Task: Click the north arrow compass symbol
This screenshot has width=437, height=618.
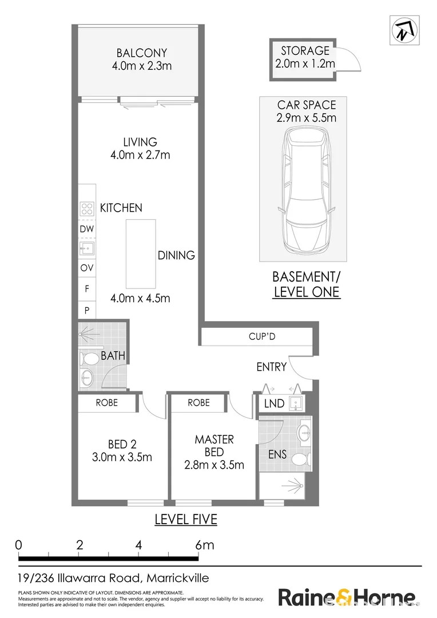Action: tap(403, 30)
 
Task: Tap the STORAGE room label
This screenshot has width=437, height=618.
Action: tap(305, 51)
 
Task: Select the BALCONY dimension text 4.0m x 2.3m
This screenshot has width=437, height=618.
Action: tap(142, 66)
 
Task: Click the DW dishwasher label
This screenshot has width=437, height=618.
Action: tap(87, 229)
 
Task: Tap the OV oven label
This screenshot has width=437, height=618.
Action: tap(87, 268)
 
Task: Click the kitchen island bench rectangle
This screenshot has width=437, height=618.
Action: tap(140, 254)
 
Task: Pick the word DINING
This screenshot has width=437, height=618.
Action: tap(176, 255)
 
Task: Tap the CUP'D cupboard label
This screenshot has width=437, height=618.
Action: tap(262, 336)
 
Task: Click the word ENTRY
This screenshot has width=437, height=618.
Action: tap(271, 367)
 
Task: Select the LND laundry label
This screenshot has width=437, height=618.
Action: tap(275, 403)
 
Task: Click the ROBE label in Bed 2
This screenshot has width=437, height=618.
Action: tap(107, 403)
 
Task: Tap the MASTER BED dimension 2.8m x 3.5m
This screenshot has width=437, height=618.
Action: tap(214, 465)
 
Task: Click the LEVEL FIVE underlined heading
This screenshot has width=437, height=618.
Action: tap(186, 520)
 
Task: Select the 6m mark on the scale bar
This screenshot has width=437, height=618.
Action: tap(204, 545)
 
